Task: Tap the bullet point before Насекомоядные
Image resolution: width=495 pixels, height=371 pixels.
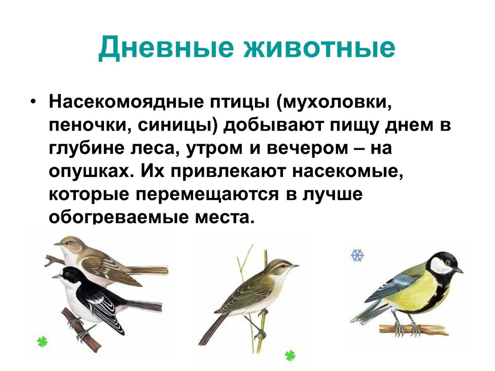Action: click(x=34, y=102)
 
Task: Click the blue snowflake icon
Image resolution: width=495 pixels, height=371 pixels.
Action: click(x=357, y=255)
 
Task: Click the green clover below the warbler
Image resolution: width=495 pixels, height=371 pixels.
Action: click(x=290, y=355)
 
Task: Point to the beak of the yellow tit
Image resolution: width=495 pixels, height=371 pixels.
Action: click(x=459, y=270)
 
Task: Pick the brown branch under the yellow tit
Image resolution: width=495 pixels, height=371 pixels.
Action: click(x=412, y=329)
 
